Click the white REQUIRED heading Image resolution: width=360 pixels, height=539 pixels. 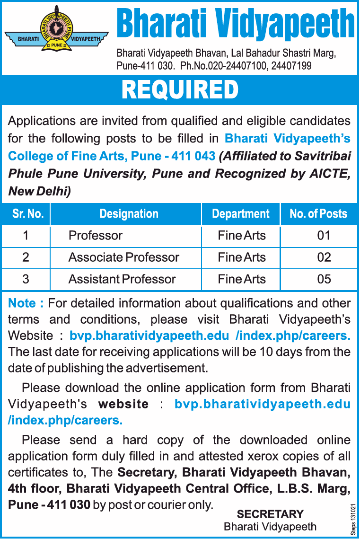(x=180, y=89)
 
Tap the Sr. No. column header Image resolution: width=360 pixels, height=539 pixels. (x=28, y=214)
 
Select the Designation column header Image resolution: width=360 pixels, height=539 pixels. (x=129, y=214)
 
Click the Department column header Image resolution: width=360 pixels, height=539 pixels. (x=241, y=214)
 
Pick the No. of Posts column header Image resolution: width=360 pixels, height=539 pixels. (x=318, y=214)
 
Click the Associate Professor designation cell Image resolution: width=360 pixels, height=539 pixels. (x=124, y=257)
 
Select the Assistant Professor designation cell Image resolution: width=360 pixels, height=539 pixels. (x=122, y=279)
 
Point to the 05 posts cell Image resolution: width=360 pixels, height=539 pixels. (x=324, y=279)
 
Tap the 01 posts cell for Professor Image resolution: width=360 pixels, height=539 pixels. (x=324, y=236)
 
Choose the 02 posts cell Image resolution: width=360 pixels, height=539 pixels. (x=324, y=257)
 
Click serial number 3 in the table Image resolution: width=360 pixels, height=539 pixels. (x=26, y=279)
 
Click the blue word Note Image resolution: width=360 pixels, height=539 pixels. (x=22, y=303)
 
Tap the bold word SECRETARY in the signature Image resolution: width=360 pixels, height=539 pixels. (x=270, y=514)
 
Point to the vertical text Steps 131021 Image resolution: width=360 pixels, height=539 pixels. (x=353, y=519)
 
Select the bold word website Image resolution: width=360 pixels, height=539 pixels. (x=123, y=404)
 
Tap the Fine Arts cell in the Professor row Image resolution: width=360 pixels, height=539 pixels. (x=242, y=236)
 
